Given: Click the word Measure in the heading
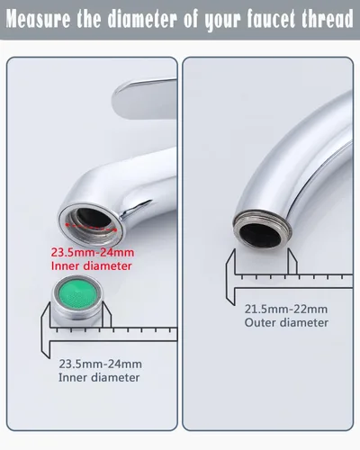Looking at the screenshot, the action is [x=38, y=19].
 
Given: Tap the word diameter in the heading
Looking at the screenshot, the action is [x=142, y=19].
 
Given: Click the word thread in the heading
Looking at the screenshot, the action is [x=328, y=19].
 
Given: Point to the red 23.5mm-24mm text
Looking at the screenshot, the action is [x=93, y=252].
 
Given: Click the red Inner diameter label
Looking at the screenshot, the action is [x=92, y=266].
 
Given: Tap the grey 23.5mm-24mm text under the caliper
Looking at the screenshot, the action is [x=100, y=364].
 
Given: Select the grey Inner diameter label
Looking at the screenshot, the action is [x=99, y=378].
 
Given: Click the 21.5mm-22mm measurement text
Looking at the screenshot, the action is [x=286, y=309].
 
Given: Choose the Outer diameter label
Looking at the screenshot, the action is [x=286, y=323].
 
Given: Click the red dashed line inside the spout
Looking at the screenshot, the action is [x=91, y=227].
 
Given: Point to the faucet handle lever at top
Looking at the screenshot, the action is [x=145, y=98].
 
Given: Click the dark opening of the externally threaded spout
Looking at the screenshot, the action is [x=260, y=235].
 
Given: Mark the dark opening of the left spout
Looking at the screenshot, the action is [x=94, y=218].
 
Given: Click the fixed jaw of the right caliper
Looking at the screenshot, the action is [x=230, y=276].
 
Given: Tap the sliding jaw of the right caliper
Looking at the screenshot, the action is [x=292, y=262].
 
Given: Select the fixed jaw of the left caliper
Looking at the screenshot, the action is [x=46, y=330].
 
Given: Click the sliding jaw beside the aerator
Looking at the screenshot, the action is [x=107, y=314].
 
